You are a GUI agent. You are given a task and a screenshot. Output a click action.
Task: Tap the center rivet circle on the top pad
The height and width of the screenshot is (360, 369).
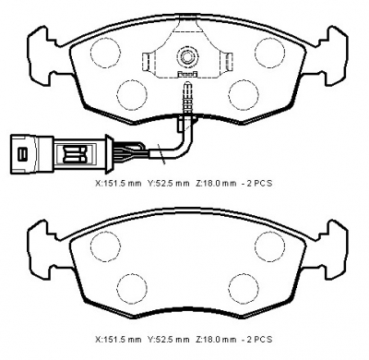(x=186, y=56)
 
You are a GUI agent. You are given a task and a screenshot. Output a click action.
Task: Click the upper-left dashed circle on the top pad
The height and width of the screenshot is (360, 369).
(x=105, y=53)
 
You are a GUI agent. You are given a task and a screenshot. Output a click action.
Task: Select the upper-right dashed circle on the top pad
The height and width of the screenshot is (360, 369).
(x=269, y=53)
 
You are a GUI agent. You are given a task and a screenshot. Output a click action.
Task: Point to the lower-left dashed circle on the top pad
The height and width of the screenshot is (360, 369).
(x=132, y=94)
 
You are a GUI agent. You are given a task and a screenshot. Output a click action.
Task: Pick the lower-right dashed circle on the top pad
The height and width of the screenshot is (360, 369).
(x=244, y=94)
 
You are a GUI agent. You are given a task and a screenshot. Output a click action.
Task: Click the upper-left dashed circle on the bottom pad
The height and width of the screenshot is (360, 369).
(x=105, y=246)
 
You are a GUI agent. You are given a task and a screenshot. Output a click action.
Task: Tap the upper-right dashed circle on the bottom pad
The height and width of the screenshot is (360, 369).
(x=269, y=246)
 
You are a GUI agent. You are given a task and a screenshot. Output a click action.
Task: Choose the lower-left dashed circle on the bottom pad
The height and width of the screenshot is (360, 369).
(x=132, y=288)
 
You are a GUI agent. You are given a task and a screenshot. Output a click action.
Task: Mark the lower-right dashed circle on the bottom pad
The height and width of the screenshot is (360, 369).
(x=244, y=288)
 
